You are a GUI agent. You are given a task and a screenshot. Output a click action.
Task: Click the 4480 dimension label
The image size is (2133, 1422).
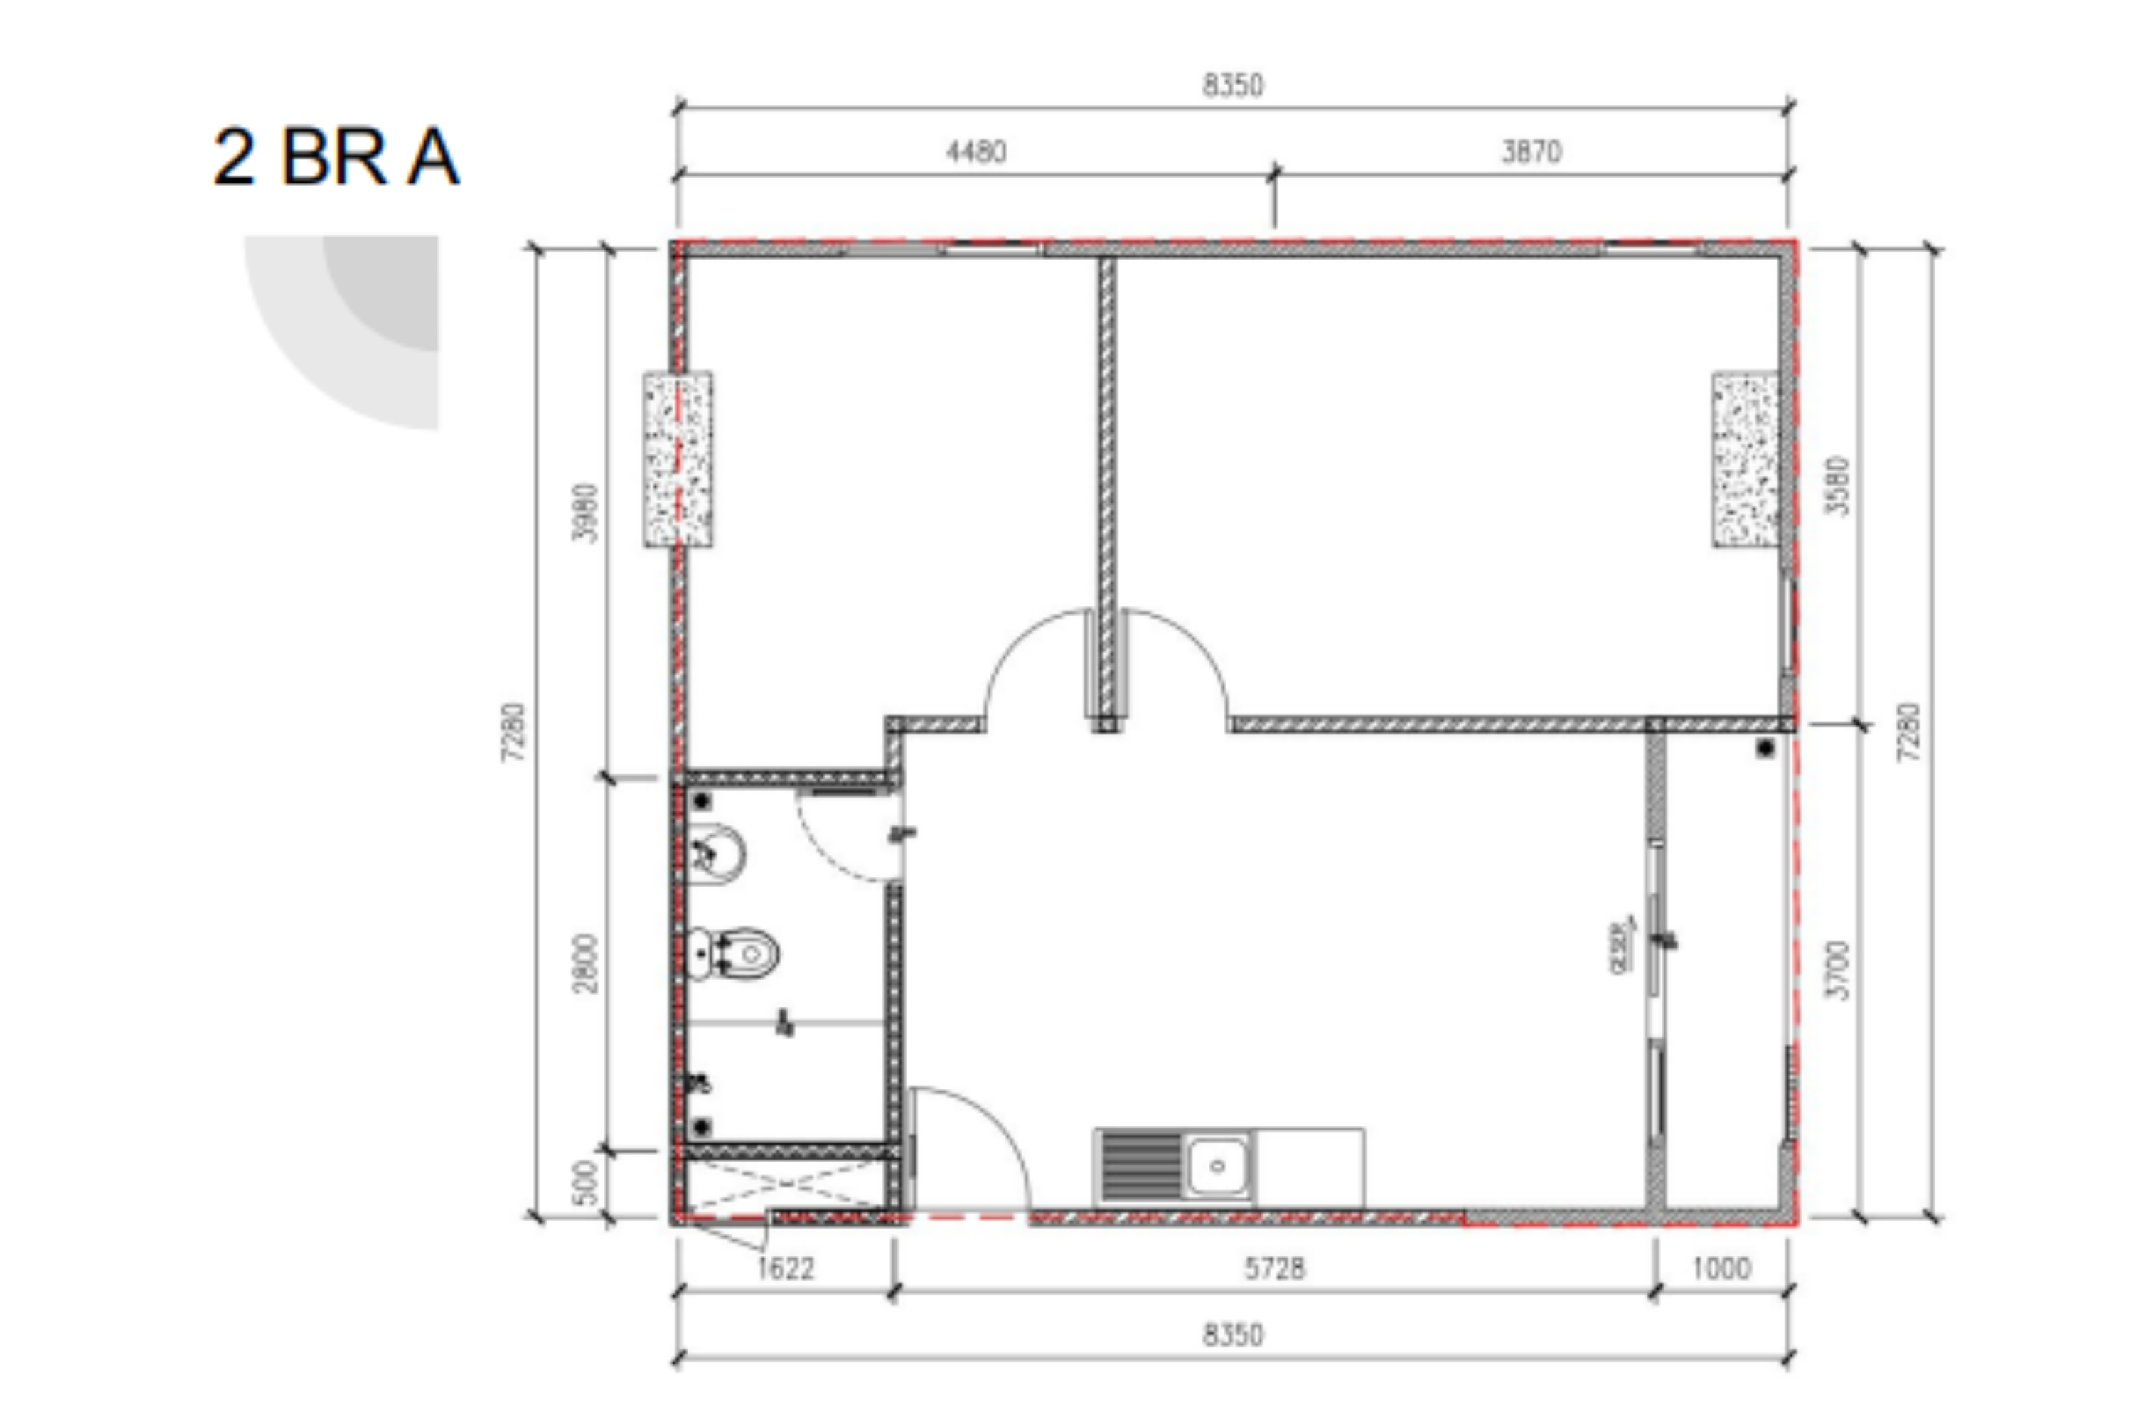(x=975, y=151)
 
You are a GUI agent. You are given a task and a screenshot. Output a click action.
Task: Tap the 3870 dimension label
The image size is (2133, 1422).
(x=1531, y=151)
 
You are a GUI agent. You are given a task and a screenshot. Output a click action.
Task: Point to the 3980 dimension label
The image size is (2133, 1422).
(x=586, y=513)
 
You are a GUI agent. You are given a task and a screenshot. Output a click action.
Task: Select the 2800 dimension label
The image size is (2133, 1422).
(x=586, y=963)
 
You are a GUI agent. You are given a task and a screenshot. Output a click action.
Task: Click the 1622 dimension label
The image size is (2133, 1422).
(x=786, y=1268)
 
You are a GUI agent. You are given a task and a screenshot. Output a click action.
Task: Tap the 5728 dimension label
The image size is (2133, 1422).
(x=1274, y=1268)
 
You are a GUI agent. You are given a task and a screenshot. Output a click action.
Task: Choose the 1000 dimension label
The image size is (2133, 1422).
(x=1721, y=1268)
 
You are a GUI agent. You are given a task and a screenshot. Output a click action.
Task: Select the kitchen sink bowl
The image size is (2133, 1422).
(x=1217, y=1166)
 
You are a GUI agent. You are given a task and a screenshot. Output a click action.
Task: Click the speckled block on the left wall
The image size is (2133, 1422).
(x=678, y=459)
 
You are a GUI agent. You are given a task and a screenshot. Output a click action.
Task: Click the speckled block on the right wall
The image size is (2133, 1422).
(x=1745, y=459)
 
